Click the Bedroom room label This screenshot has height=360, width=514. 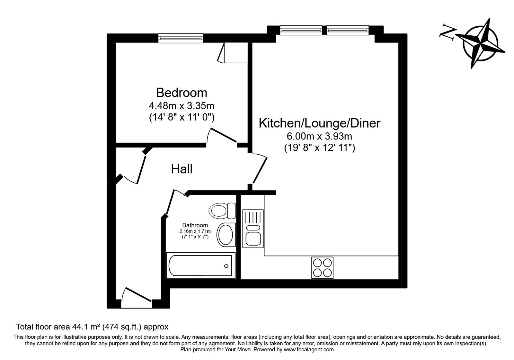(x=182, y=93)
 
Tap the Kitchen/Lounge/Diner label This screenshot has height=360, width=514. (x=319, y=123)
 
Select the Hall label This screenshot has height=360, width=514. (x=182, y=169)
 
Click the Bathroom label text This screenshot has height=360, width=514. (x=195, y=225)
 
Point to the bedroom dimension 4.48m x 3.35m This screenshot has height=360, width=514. (x=182, y=105)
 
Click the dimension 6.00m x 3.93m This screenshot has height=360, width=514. (x=319, y=136)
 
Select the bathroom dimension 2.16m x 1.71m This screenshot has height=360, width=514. (x=195, y=231)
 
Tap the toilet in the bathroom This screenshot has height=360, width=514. (x=222, y=211)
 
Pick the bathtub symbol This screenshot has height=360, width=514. (x=200, y=266)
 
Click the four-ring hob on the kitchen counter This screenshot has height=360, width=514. (x=322, y=268)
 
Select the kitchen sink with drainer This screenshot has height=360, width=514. (x=253, y=228)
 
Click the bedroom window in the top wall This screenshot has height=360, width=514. (x=181, y=38)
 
